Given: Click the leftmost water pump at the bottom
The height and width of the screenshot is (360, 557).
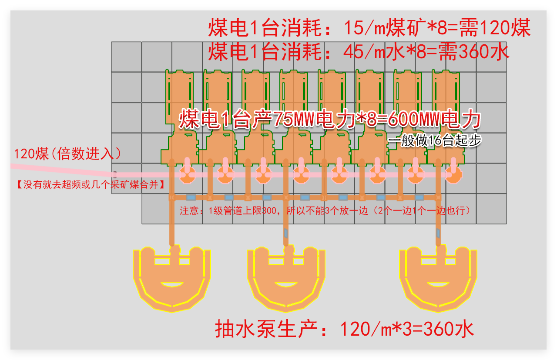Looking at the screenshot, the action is [172, 278].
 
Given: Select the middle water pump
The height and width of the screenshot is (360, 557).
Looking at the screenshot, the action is [286, 278].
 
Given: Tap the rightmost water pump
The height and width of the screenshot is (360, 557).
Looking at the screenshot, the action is [438, 278].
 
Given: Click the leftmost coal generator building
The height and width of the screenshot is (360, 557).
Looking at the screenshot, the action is [180, 117].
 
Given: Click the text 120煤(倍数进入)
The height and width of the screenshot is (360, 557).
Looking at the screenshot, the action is [67, 153].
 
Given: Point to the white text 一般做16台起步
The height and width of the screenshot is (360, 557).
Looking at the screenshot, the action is [435, 140].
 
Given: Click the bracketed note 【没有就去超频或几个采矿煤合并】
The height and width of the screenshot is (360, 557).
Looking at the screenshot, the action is [91, 185].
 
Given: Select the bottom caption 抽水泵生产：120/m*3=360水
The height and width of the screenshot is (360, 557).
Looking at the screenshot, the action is [344, 329].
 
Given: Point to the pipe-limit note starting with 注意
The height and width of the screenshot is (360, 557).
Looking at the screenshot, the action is [325, 211].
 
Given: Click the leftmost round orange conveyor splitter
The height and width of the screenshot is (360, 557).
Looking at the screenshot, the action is [188, 175].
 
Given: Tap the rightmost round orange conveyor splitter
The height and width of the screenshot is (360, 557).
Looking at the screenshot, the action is [453, 175].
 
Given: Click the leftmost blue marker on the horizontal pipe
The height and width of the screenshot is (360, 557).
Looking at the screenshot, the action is [191, 197].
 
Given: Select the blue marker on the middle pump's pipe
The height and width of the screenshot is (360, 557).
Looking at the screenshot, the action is [286, 233].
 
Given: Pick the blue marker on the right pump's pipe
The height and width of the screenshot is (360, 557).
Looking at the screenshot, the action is [438, 233].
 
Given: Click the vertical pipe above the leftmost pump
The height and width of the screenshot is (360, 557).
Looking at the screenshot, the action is [172, 221].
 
